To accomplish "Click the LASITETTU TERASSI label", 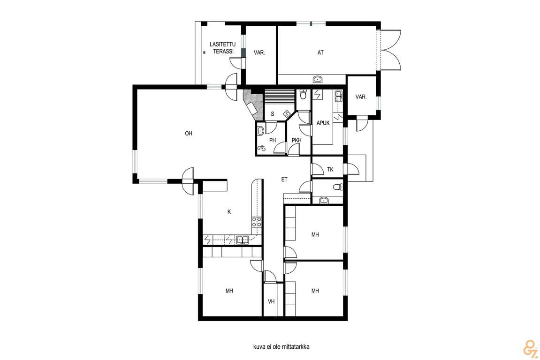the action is point(223,48).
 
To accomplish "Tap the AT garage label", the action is point(320,52).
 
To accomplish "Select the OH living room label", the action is point(189,134).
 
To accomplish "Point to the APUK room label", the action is point(323,123).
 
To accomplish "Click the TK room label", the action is point(330,169).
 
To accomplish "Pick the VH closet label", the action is point(271,301).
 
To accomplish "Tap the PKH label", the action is point(297,140).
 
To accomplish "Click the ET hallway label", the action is point(284,180).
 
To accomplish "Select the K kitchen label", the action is point(229,212).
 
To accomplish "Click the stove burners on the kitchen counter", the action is point(256,222).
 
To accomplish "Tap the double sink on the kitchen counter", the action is point(243,240).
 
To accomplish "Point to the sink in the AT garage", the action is point(318,80).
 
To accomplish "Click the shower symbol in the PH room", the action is point(261,148).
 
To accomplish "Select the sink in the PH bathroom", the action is point(260,131).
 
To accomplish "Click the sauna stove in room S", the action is point(286,114).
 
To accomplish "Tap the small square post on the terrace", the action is point(204,52).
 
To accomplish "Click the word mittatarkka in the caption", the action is point(296,346).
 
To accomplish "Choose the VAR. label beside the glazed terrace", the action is point(259,52).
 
